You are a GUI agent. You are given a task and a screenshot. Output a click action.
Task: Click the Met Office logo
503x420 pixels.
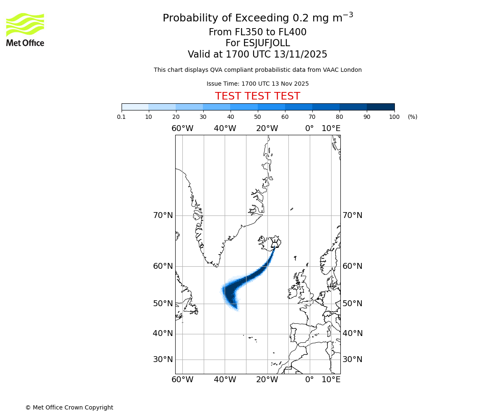pyautogui.click(x=25, y=29)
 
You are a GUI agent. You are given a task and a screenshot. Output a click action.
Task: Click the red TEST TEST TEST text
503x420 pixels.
pyautogui.click(x=257, y=96)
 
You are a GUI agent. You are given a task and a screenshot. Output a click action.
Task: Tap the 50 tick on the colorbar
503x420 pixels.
pyautogui.click(x=257, y=117)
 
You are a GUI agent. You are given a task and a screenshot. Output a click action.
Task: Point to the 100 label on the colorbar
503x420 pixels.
pyautogui.click(x=394, y=117)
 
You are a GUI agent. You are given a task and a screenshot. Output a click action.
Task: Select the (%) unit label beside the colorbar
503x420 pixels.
pyautogui.click(x=412, y=117)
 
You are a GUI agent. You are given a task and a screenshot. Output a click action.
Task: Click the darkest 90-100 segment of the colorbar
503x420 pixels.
pyautogui.click(x=381, y=107)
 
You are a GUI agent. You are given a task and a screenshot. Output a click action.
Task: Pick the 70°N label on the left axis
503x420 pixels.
pyautogui.click(x=163, y=215)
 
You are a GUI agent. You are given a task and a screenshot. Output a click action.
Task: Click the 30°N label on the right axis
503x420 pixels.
pyautogui.click(x=353, y=360)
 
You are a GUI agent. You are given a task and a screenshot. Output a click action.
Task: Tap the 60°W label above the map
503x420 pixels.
pyautogui.click(x=182, y=129)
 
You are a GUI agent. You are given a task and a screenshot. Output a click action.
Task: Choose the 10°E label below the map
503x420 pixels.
pyautogui.click(x=331, y=380)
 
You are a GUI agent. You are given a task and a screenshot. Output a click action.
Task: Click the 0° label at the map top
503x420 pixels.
pyautogui.click(x=309, y=129)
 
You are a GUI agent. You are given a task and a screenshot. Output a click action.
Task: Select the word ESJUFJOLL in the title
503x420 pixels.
pyautogui.click(x=266, y=43)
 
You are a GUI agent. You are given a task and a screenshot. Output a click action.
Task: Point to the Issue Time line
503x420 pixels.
pyautogui.click(x=257, y=84)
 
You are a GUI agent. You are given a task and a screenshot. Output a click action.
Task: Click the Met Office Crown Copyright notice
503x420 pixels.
pyautogui.click(x=69, y=407)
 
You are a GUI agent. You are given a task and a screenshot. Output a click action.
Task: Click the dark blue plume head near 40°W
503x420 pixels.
pyautogui.click(x=230, y=294)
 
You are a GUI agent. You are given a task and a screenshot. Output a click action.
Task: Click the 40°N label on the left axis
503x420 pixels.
pyautogui.click(x=163, y=333)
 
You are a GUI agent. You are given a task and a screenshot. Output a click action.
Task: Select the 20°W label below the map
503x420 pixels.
pyautogui.click(x=267, y=380)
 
